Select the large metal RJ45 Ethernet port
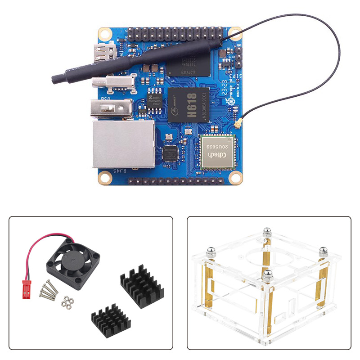click(122, 144)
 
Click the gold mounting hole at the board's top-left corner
click(105, 34)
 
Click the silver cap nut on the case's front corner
click(268, 275)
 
